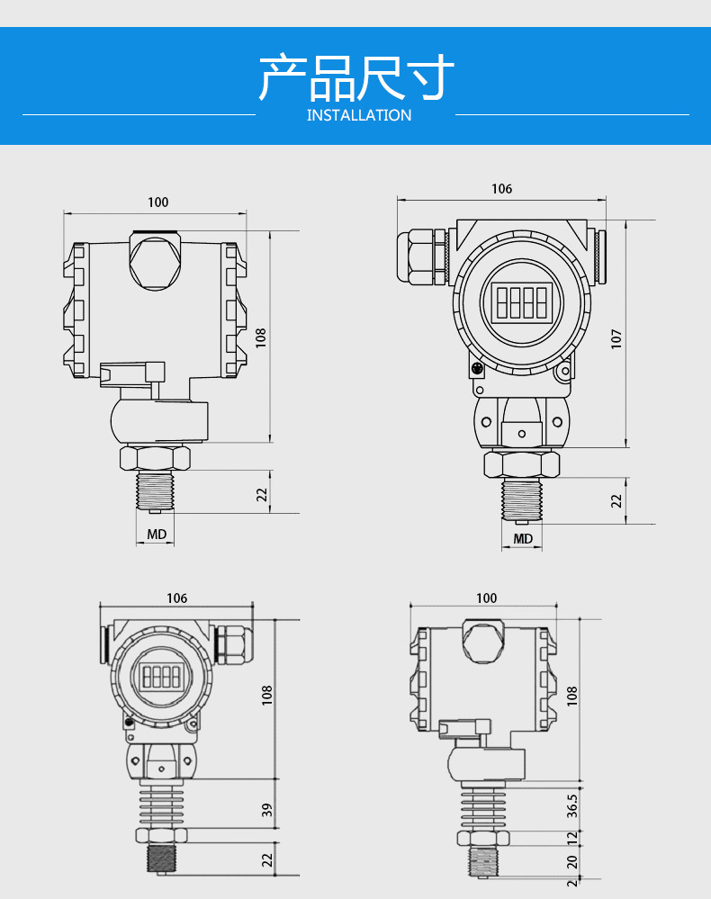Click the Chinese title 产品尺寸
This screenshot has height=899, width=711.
356,77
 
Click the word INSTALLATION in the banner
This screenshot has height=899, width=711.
359,115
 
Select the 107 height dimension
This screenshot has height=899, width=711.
616,338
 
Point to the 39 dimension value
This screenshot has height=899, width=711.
266,810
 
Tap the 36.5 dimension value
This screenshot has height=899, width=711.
571,805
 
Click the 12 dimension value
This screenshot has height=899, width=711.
571,838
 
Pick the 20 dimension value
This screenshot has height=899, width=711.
571,862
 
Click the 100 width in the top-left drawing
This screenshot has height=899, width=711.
158,202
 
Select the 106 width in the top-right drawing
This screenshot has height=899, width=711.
501,189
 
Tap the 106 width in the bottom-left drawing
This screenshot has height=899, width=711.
176,598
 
